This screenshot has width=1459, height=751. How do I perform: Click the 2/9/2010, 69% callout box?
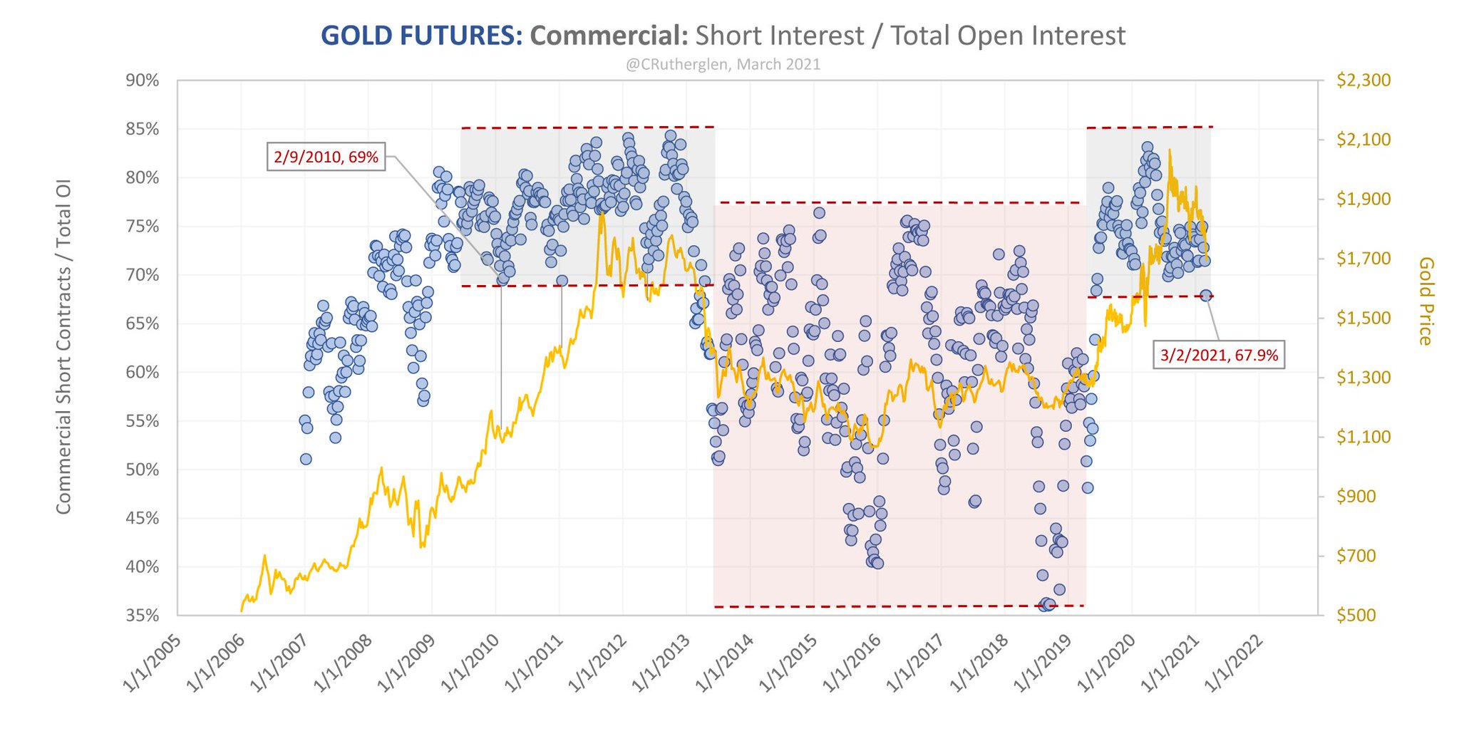click(x=326, y=157)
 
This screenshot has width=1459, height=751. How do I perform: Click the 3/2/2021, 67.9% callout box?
click(x=1219, y=355)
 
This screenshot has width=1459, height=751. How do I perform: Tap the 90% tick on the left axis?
click(x=143, y=81)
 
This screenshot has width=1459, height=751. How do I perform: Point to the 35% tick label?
click(x=143, y=616)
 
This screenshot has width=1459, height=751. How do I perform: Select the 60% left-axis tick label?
click(x=143, y=373)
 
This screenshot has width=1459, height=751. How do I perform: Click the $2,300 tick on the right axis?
click(x=1363, y=80)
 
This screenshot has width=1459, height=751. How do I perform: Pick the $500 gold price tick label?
click(x=1356, y=616)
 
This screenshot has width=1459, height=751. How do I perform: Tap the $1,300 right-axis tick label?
click(x=1363, y=378)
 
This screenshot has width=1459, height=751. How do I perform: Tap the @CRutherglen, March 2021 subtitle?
click(x=723, y=65)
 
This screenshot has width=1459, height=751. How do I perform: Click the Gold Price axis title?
click(x=1426, y=301)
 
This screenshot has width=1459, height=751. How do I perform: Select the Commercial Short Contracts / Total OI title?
click(x=64, y=347)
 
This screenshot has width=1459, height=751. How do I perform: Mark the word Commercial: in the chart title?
click(x=609, y=36)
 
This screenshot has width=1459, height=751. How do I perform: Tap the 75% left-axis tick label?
click(x=143, y=227)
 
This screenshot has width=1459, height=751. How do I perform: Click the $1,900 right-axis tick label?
click(x=1363, y=199)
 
